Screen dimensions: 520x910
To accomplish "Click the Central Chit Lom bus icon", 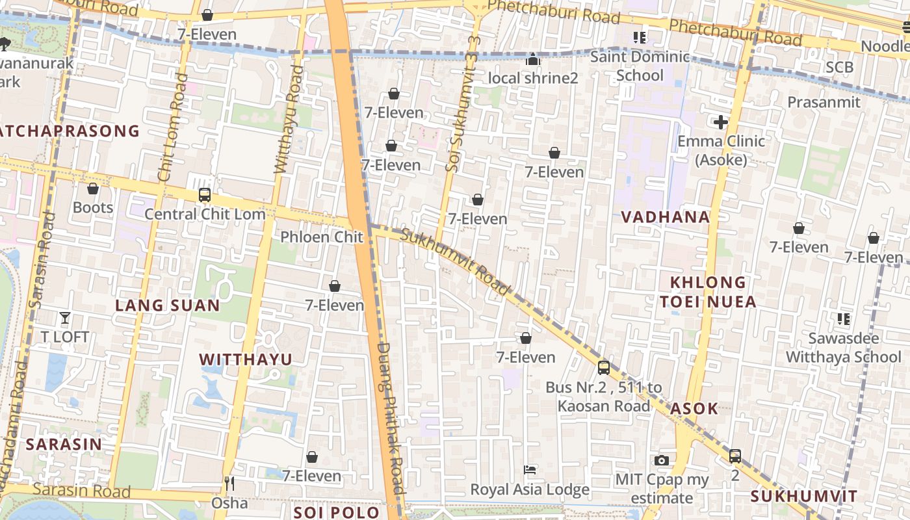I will (204, 194).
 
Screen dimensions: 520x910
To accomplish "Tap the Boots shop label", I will (93, 207).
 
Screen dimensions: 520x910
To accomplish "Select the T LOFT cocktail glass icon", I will (65, 318).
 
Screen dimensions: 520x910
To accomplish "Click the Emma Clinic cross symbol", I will (720, 122).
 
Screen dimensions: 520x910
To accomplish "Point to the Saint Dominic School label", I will (640, 66).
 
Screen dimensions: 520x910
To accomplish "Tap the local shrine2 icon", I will (533, 60).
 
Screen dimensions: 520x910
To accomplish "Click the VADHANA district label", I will (665, 217).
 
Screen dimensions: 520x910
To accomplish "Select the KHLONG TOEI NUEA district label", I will (708, 292).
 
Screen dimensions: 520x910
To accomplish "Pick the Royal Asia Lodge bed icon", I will (530, 469).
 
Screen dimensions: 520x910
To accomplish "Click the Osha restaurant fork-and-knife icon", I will (229, 484).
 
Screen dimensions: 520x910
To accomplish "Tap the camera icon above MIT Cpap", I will (662, 460).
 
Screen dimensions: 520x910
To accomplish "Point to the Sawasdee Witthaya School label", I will (843, 348).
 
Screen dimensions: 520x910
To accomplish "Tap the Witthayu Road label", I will (289, 119).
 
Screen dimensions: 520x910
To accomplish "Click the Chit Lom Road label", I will (172, 127).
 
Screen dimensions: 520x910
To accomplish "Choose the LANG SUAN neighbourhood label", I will (167, 305).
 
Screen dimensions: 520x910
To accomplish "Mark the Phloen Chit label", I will (321, 237).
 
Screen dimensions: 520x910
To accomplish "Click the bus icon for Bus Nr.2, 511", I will (604, 368).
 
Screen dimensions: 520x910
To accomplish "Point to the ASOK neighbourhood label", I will (694, 409).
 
